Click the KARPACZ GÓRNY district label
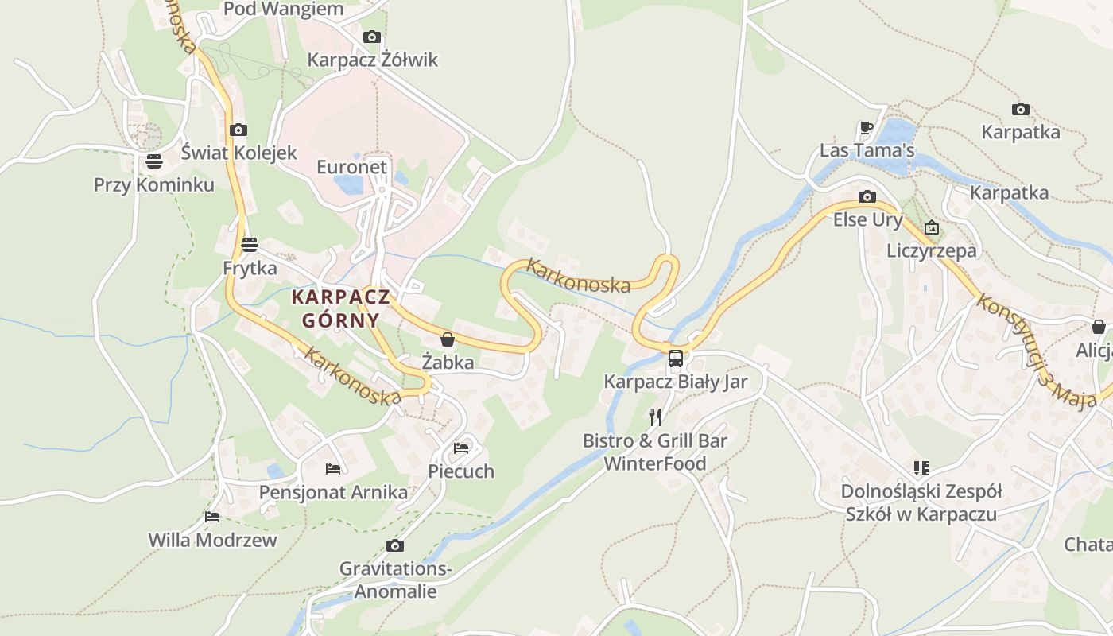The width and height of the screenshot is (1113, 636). pyautogui.click(x=340, y=308)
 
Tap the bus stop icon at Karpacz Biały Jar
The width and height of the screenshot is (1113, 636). pyautogui.click(x=676, y=358)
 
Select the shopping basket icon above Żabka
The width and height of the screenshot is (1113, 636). pyautogui.click(x=448, y=339)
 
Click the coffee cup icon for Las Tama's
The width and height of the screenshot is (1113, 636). pyautogui.click(x=867, y=127)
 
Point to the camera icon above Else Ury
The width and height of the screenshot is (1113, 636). pyautogui.click(x=867, y=196)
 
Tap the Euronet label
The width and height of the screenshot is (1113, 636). pyautogui.click(x=351, y=167)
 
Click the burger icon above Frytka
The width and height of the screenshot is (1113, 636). pyautogui.click(x=250, y=244)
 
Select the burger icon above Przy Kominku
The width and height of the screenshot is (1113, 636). pyautogui.click(x=154, y=161)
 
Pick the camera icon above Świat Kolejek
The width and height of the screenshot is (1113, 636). pyautogui.click(x=238, y=130)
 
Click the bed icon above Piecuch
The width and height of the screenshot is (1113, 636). pyautogui.click(x=461, y=448)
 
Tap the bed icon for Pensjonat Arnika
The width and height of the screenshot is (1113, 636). pyautogui.click(x=333, y=469)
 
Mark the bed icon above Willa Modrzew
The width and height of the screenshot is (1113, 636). pyautogui.click(x=212, y=517)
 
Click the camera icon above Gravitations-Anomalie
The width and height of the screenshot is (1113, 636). pyautogui.click(x=394, y=545)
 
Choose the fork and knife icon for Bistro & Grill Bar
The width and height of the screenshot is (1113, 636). pyautogui.click(x=655, y=417)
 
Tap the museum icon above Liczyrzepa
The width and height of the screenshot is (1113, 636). pyautogui.click(x=932, y=228)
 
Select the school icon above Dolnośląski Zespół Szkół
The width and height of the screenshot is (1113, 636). pyautogui.click(x=921, y=468)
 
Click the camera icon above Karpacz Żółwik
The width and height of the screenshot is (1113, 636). pyautogui.click(x=371, y=37)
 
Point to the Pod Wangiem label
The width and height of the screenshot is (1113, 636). pyautogui.click(x=284, y=9)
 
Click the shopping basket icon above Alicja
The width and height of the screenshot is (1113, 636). pyautogui.click(x=1098, y=327)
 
